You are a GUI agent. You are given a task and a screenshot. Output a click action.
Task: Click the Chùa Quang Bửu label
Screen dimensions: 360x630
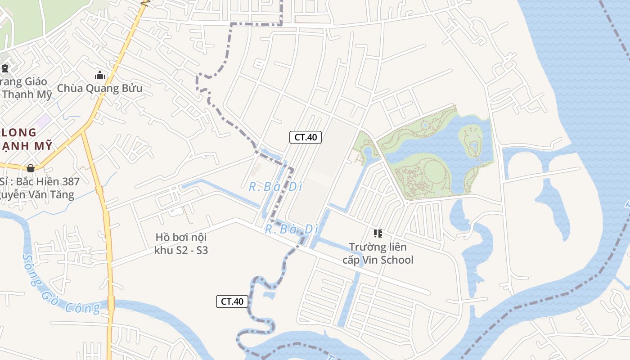99,88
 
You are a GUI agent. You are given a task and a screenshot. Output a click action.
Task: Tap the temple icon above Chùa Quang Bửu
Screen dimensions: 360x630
99,75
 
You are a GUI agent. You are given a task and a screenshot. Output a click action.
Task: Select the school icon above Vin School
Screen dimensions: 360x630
378,233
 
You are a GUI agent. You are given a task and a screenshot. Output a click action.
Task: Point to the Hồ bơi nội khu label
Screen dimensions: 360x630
181,237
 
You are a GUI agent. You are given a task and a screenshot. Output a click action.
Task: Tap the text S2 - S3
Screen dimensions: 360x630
190,250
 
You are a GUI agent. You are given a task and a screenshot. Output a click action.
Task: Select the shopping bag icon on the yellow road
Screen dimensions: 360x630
31,168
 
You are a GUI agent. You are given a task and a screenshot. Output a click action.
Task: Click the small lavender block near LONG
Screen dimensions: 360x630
44,120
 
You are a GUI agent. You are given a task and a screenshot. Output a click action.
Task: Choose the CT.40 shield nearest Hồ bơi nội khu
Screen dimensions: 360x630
232,301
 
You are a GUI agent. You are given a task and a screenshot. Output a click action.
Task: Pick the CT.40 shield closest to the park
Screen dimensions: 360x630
305,137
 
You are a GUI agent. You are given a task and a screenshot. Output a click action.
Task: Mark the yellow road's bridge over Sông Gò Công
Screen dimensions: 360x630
111,302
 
